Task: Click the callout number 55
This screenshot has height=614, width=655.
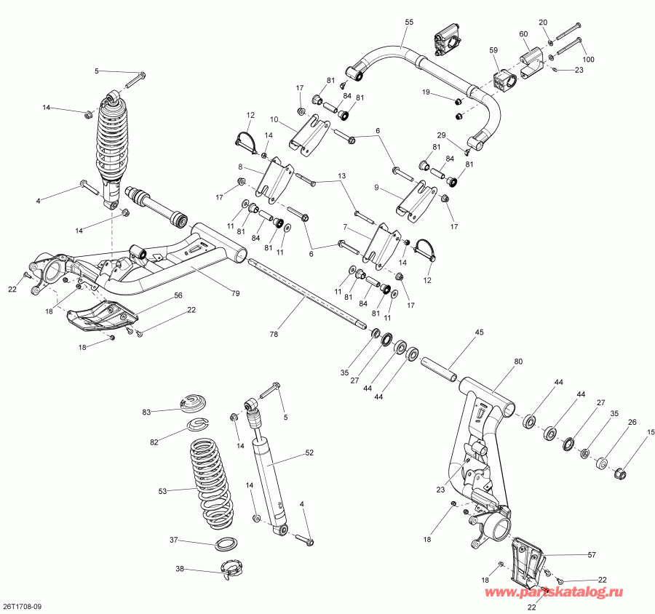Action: [x=408, y=23]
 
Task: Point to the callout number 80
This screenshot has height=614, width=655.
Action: [x=517, y=361]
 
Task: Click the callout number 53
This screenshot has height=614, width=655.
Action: [x=162, y=492]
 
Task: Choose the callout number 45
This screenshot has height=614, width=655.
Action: [x=479, y=333]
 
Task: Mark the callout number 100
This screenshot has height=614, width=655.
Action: [x=588, y=59]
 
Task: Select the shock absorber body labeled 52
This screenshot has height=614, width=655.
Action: [x=269, y=480]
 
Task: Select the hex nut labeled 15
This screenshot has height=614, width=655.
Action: [x=621, y=474]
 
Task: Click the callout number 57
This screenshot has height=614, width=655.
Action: [x=590, y=554]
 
